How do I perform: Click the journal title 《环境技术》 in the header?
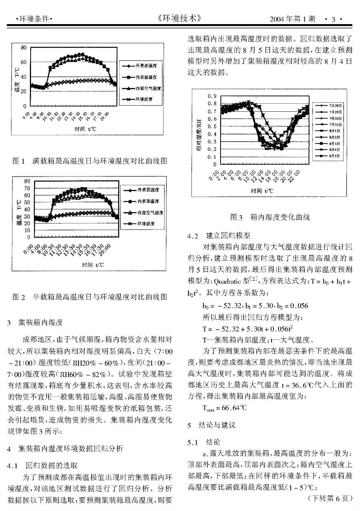(179, 18)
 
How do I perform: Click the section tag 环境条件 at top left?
(34, 19)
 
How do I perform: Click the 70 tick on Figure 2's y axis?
(27, 188)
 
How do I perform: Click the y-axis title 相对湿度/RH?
(199, 136)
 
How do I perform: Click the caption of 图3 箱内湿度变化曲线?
(270, 217)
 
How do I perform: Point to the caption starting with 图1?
(90, 161)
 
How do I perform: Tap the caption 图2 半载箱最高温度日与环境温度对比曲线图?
(90, 297)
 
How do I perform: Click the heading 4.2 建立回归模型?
(219, 236)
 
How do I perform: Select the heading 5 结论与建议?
(211, 425)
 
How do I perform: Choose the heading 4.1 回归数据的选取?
(43, 466)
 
